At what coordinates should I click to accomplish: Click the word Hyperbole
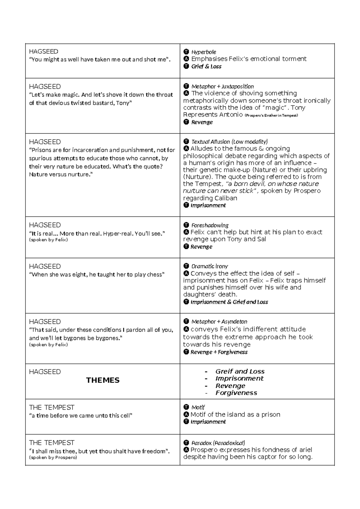pyautogui.click(x=204, y=52)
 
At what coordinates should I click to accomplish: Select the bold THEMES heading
pyautogui.click(x=103, y=380)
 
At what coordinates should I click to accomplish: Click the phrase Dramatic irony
pyautogui.click(x=209, y=266)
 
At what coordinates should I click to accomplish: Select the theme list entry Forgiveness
pyautogui.click(x=236, y=393)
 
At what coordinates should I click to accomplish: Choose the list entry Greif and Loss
pyautogui.click(x=240, y=371)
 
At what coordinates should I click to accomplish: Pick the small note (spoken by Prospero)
pyautogui.click(x=53, y=458)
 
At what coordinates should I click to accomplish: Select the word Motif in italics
pyautogui.click(x=198, y=407)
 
